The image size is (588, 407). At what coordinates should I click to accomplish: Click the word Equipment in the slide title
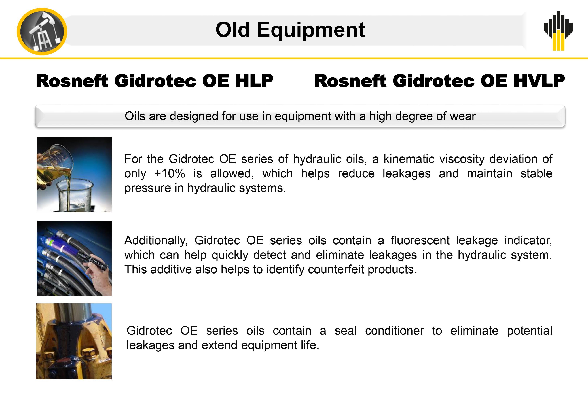[x=311, y=30]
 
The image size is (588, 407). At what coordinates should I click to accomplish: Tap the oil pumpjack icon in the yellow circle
[x=42, y=32]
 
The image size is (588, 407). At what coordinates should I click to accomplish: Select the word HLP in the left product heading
[x=254, y=81]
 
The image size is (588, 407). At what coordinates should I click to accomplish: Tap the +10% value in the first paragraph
[x=170, y=173]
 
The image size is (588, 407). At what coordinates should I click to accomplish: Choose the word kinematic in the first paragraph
[x=409, y=159]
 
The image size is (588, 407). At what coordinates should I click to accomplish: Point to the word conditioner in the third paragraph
[x=394, y=330]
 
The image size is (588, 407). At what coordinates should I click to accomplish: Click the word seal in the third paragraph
[x=346, y=330]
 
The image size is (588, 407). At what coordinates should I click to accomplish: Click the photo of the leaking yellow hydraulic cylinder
[x=74, y=341]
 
